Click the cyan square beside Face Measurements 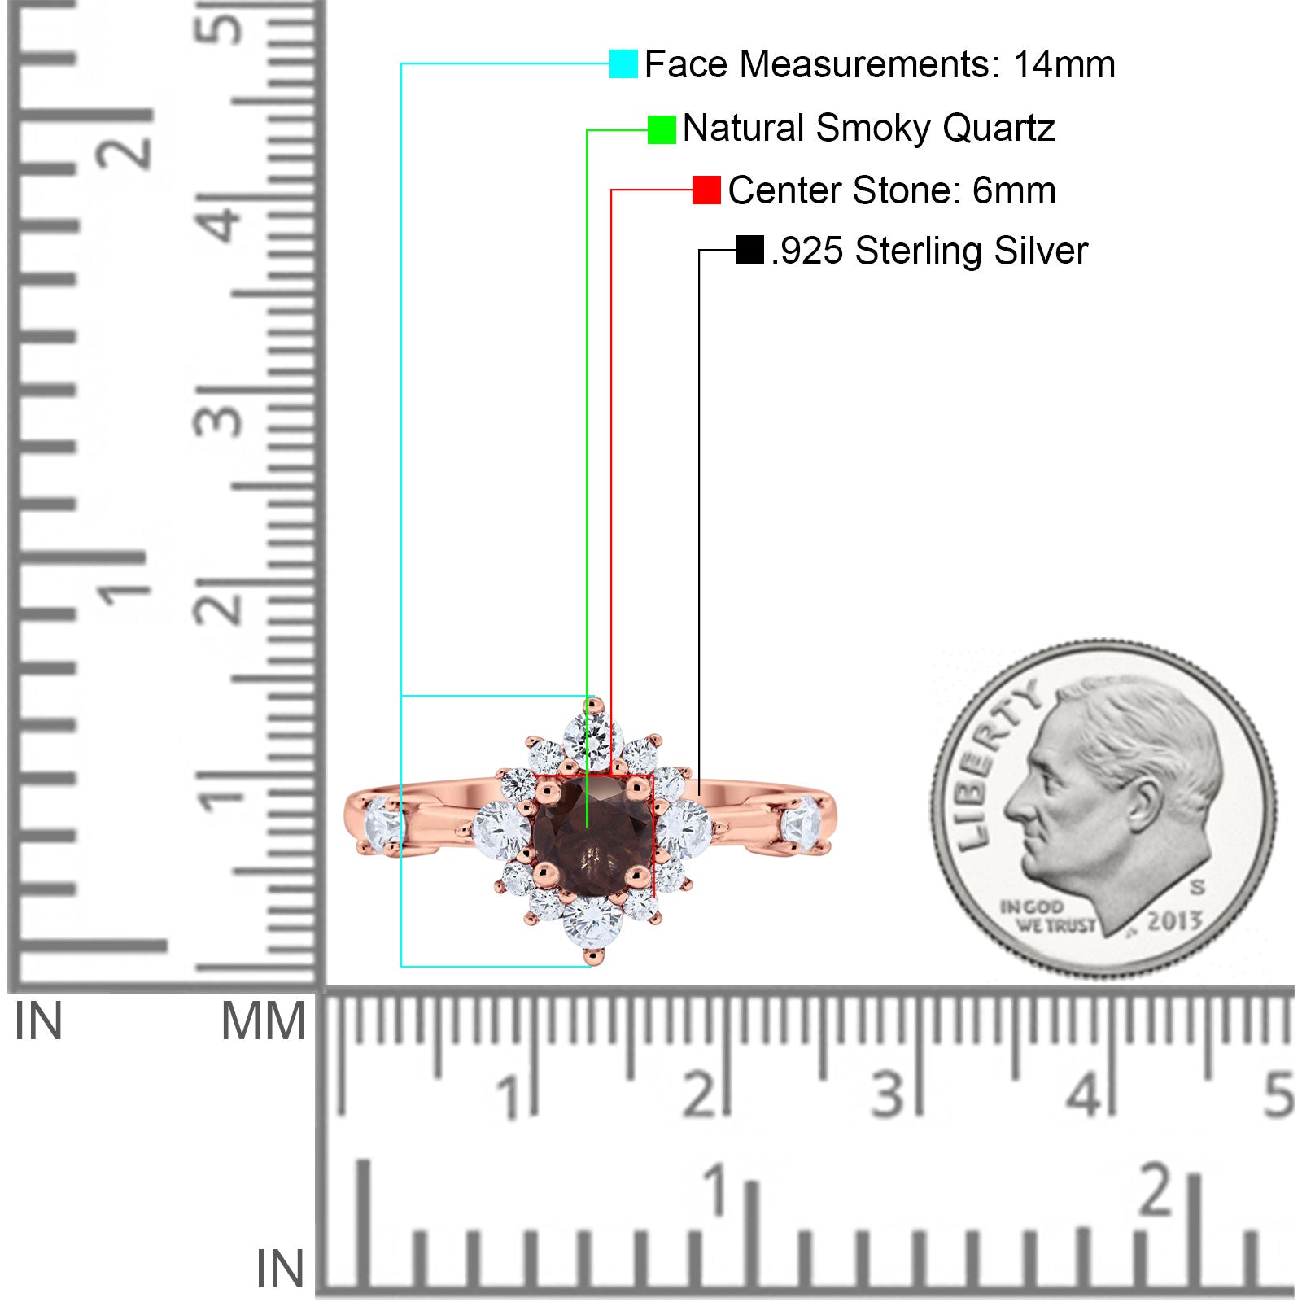click(623, 63)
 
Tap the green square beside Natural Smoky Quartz click(662, 129)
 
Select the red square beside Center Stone click(706, 190)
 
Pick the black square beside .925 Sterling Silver click(749, 250)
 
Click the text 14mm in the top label click(1064, 64)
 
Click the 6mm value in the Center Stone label click(1014, 190)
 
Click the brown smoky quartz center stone click(592, 837)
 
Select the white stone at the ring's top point click(592, 736)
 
